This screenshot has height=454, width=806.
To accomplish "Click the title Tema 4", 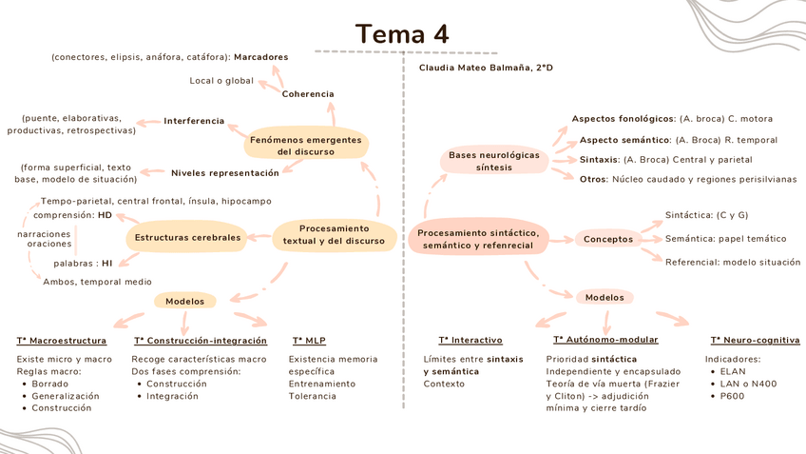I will click(402, 33).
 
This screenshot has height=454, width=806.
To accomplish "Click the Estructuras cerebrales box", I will click(187, 237).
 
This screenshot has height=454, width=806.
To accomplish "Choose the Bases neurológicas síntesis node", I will click(493, 161).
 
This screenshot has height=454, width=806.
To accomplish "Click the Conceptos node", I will click(608, 239).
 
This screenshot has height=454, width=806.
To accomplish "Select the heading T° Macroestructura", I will click(62, 341).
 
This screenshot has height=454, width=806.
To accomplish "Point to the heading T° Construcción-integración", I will click(200, 341).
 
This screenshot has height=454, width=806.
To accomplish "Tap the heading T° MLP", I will click(310, 341).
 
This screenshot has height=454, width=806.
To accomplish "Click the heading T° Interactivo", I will click(470, 340).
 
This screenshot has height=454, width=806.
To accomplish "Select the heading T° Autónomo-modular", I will click(604, 340).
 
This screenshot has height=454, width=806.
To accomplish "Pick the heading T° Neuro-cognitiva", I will click(755, 340).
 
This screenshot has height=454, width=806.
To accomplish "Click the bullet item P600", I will click(733, 395).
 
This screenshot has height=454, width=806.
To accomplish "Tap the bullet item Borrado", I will click(49, 384).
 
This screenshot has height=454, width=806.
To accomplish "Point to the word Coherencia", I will click(308, 94).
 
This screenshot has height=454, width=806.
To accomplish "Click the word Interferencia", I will click(194, 121).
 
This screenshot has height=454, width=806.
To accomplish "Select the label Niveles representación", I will click(225, 173).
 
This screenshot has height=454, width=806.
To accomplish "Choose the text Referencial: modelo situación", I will click(733, 262).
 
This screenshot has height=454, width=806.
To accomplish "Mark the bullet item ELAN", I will click(733, 371).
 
